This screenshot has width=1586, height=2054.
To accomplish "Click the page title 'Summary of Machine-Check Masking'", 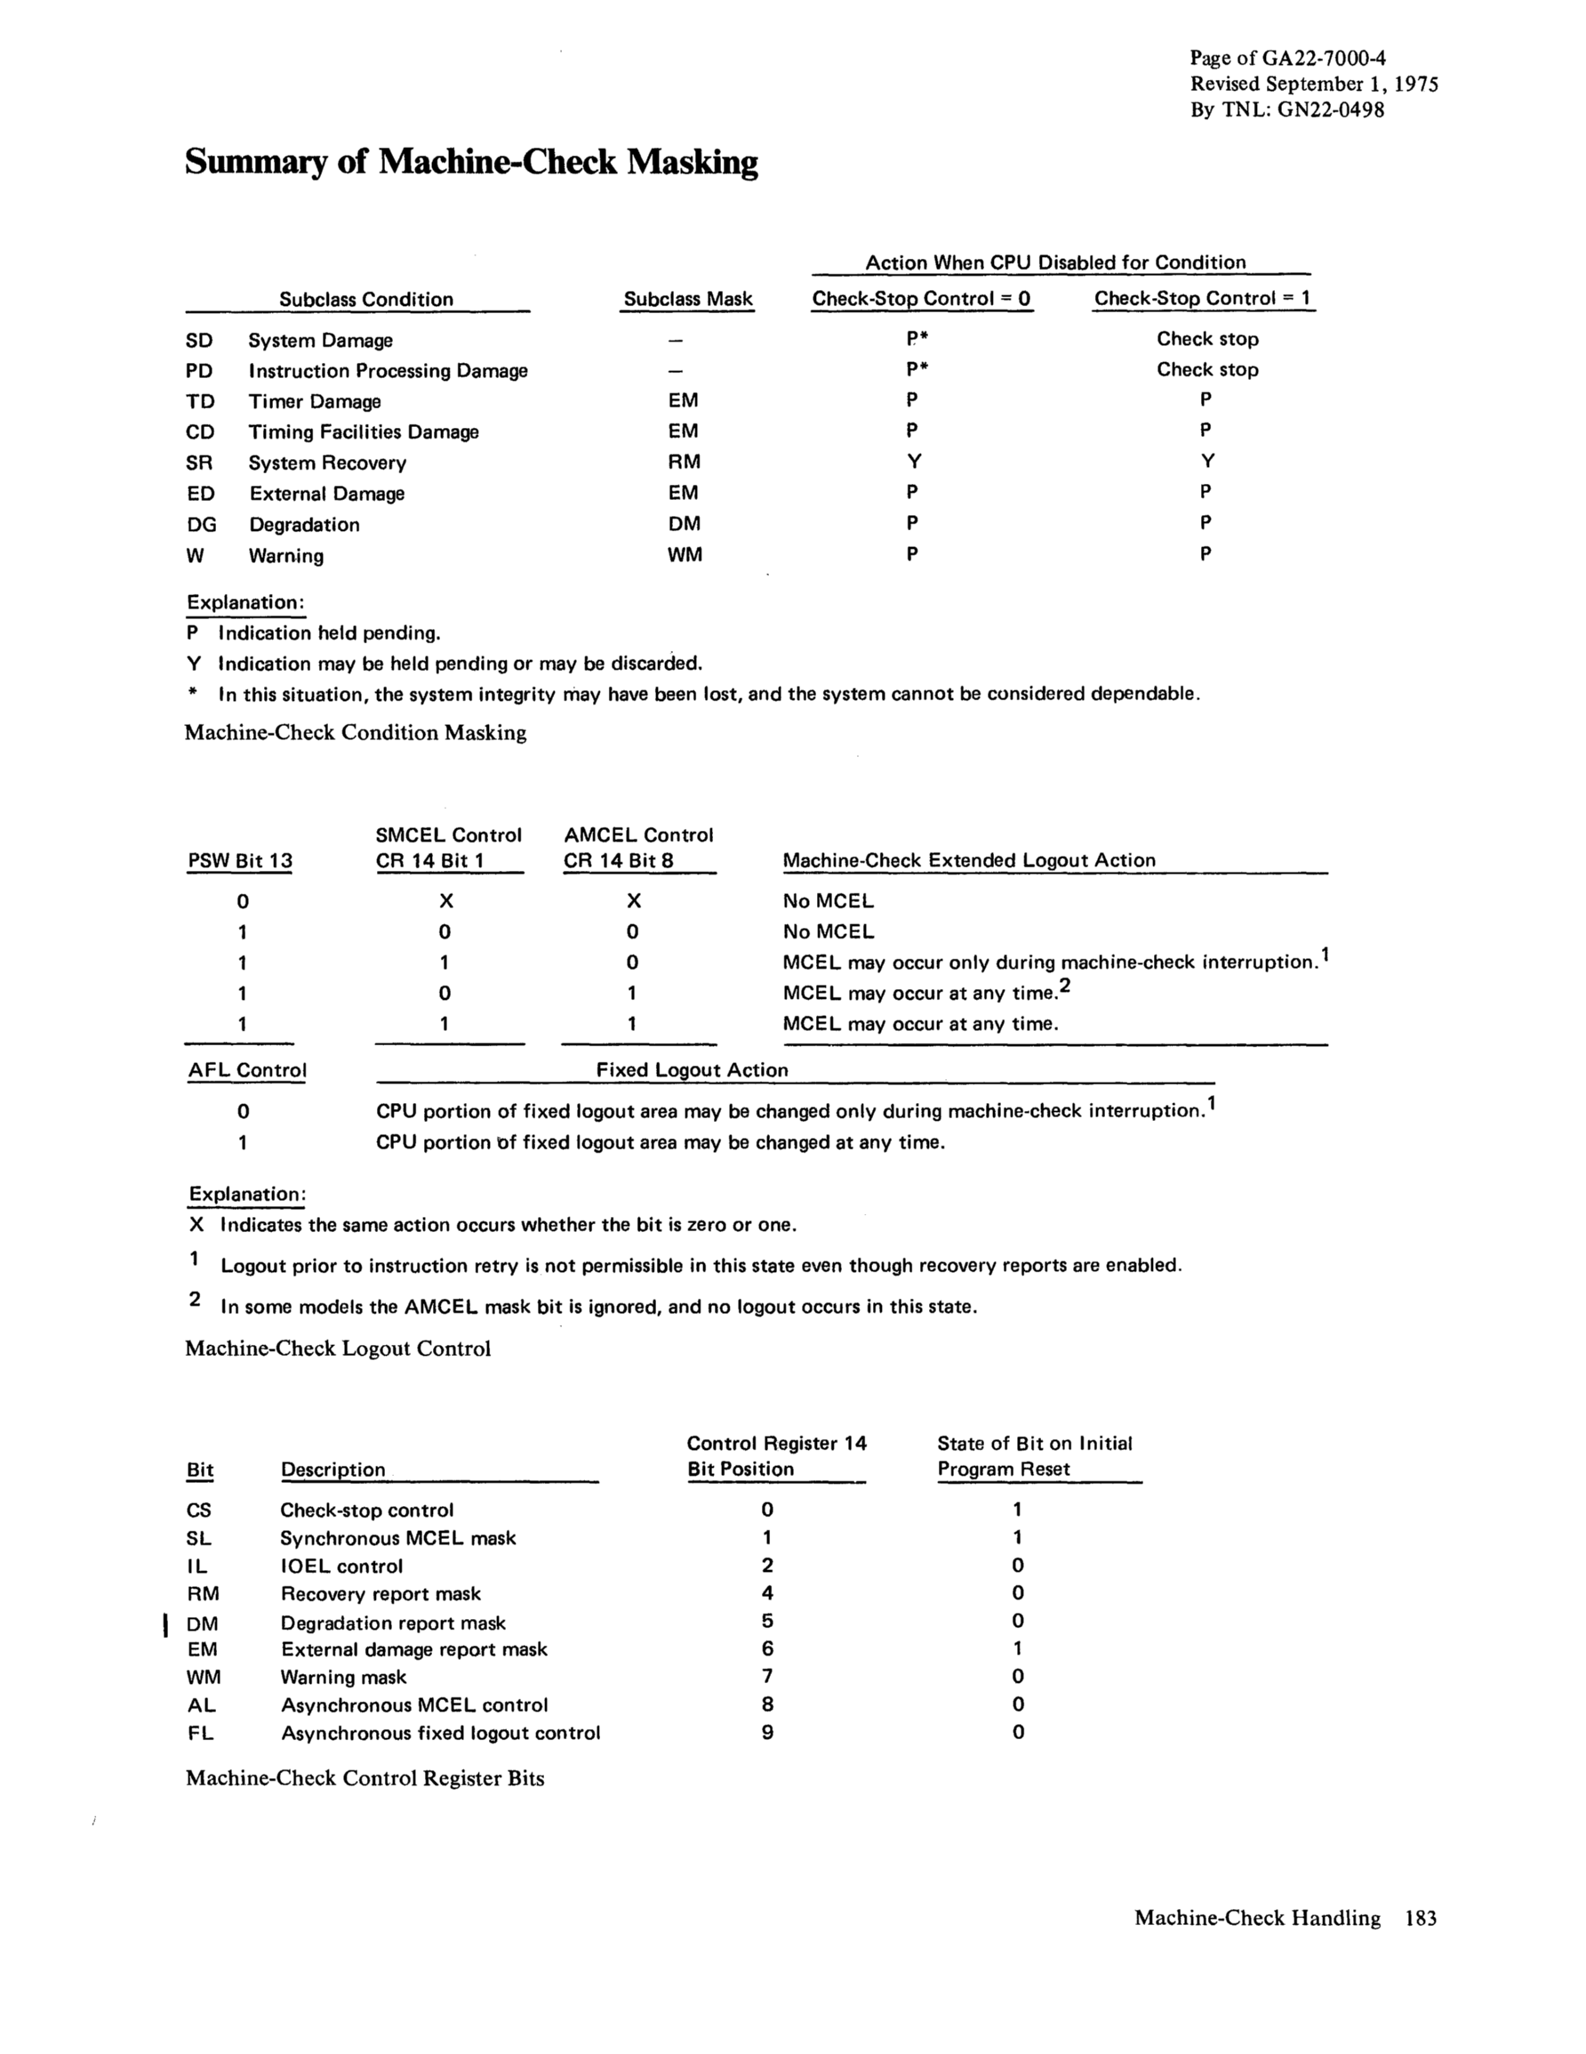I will (471, 163).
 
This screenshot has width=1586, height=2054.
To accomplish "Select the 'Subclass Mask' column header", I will (688, 299).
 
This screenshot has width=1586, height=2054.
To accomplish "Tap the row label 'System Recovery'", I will (327, 463).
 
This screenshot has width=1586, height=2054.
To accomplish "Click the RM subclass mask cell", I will (684, 462).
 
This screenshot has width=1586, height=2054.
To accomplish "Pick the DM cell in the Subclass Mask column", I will (684, 524).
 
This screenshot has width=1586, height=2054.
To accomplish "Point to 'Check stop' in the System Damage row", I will (1207, 339).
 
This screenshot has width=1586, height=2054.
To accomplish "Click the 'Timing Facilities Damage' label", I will (363, 431).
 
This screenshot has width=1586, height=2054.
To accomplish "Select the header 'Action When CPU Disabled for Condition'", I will (1055, 262).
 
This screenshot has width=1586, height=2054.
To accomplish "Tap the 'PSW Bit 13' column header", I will (240, 860).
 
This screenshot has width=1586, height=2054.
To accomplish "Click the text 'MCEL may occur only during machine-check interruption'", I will (1048, 963).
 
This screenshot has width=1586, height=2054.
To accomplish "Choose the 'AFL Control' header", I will (247, 1070).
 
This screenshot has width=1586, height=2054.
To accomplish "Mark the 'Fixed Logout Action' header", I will (692, 1070).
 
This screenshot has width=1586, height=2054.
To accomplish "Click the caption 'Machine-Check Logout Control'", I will (338, 1349).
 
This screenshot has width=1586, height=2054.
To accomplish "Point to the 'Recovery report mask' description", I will (380, 1594).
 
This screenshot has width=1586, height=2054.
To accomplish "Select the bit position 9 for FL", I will (767, 1732).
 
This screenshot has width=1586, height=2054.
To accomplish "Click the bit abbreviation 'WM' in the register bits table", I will (204, 1677).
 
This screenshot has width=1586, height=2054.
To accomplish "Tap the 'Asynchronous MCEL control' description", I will (413, 1705).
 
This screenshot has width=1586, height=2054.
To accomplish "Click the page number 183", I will (1421, 1919).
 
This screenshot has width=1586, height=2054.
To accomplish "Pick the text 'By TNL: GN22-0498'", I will (1287, 110).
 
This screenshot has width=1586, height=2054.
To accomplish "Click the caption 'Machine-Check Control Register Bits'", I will (364, 1778).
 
